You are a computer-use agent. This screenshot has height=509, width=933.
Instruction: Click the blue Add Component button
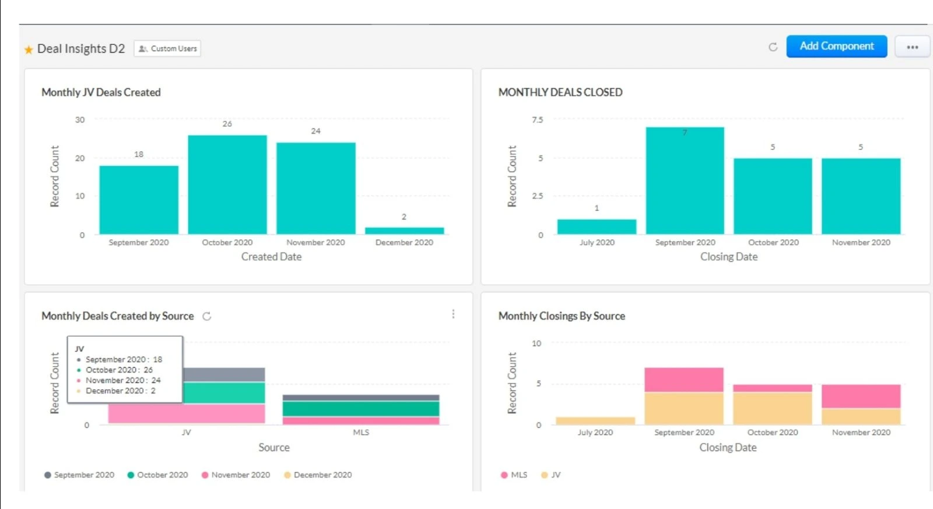click(x=836, y=46)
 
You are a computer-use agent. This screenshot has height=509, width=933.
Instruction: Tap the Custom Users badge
click(x=167, y=48)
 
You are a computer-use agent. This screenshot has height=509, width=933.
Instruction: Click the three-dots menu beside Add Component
click(x=912, y=47)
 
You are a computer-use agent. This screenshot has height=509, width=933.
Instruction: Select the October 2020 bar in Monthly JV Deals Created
click(x=227, y=184)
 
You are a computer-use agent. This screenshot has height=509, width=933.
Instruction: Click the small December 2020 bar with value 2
click(x=404, y=231)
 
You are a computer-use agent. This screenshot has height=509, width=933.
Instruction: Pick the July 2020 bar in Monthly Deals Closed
click(x=597, y=226)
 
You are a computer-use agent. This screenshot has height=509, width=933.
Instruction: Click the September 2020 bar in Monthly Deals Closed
click(x=685, y=181)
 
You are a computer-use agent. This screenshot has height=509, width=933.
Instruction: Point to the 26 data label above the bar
click(x=227, y=124)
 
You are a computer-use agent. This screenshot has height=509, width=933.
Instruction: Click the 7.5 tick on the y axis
click(x=537, y=120)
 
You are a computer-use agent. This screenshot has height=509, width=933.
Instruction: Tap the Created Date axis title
click(x=271, y=257)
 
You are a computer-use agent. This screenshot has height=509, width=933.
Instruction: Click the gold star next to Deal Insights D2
click(x=29, y=50)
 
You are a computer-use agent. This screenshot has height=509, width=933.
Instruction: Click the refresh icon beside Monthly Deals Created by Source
click(x=206, y=316)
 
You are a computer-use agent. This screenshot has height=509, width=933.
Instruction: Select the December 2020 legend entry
click(x=318, y=475)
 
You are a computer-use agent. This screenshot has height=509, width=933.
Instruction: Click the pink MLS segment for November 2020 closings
click(x=861, y=396)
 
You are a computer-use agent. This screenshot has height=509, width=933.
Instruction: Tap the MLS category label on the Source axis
click(x=361, y=433)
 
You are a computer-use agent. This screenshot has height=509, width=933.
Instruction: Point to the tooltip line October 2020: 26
click(x=119, y=370)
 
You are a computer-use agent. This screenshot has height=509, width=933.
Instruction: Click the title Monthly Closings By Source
click(x=561, y=316)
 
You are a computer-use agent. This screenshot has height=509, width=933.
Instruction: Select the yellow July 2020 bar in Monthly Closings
click(x=595, y=420)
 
